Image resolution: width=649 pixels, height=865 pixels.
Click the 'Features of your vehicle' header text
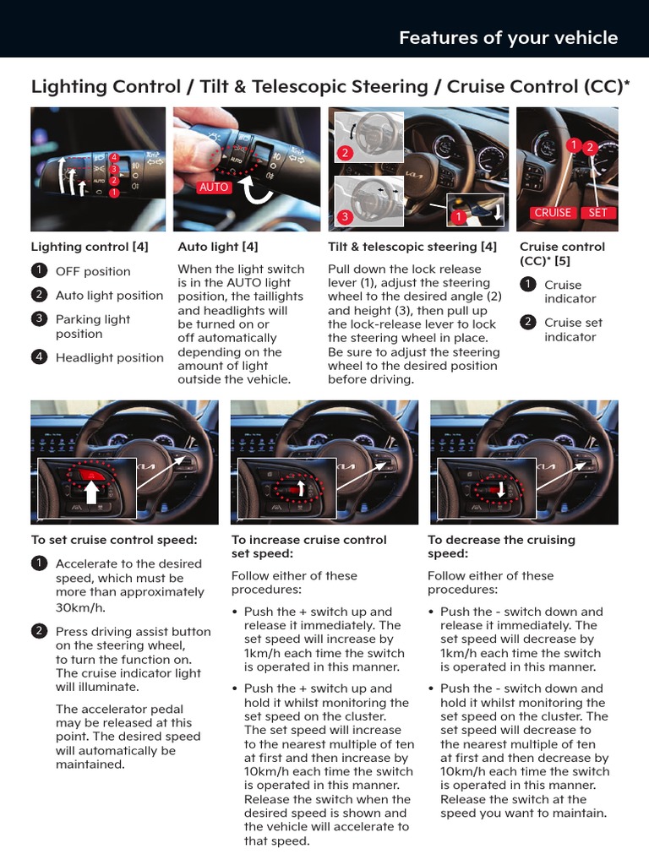508,38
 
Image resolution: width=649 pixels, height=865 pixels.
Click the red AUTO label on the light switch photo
214,187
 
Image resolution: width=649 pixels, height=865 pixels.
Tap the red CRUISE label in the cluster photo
553,213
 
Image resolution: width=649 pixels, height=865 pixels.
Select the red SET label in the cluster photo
597,213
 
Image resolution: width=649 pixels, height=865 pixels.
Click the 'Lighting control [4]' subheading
90,247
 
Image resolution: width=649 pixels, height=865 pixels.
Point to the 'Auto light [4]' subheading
218,247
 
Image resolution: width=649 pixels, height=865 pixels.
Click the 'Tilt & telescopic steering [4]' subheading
412,247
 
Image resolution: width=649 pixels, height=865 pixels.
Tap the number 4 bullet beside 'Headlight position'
39,356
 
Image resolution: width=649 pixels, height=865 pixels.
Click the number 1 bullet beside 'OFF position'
39,270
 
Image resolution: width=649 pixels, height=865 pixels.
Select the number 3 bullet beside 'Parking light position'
39,318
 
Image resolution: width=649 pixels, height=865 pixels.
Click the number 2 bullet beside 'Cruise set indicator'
527,322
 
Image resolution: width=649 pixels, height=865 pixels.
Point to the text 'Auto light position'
109,295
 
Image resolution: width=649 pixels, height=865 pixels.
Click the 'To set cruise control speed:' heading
114,540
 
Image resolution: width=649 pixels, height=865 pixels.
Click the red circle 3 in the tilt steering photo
345,217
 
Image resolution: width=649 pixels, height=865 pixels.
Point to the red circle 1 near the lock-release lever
458,217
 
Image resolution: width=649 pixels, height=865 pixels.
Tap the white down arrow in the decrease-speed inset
500,489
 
